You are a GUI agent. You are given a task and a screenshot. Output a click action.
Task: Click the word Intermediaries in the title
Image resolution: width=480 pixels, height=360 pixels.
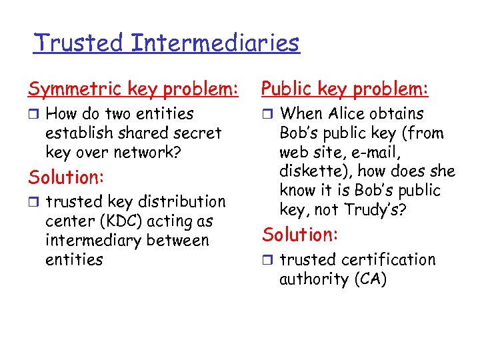coord(215,43)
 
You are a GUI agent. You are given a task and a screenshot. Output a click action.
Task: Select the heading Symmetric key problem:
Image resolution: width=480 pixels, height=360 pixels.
coord(133,89)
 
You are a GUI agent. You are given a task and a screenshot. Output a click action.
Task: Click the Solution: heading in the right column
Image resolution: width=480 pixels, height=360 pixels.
coord(301,235)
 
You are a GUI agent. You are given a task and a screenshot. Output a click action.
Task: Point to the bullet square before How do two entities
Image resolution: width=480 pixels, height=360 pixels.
coord(33,115)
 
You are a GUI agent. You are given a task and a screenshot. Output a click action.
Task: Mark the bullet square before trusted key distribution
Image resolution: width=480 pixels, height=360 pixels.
coord(33,202)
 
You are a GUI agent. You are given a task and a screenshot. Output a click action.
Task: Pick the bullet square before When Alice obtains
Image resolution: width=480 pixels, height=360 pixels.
coord(267,115)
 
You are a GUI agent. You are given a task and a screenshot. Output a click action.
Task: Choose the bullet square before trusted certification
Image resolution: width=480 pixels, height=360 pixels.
coord(267,260)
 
